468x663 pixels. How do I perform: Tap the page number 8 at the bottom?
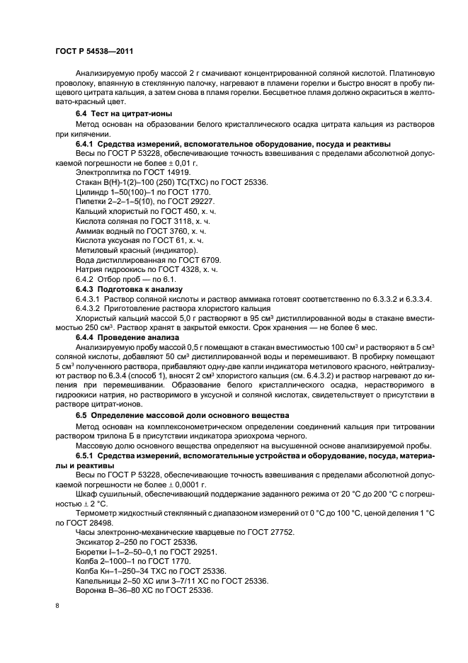(x=58, y=606)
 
